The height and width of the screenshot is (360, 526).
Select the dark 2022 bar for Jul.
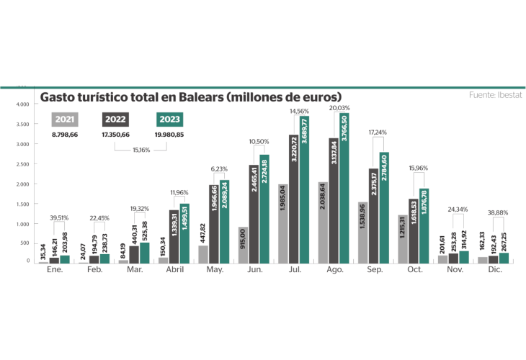point(293,199)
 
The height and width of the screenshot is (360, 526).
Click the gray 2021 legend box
point(65,120)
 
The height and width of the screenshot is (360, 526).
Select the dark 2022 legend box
point(117,120)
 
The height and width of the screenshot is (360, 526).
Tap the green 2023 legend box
point(169,120)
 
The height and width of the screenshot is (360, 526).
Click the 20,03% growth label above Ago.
point(339,108)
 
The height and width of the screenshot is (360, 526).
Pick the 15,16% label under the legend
point(142,150)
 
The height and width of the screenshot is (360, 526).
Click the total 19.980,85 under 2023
point(169,135)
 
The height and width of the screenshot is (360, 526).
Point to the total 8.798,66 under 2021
point(65,135)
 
